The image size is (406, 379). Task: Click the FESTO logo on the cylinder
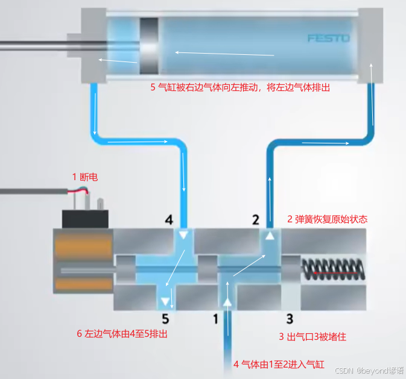coord(328,38)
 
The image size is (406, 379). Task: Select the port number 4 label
coord(170,219)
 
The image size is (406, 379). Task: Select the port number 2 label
coord(255,219)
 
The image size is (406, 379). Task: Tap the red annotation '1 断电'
coord(84,177)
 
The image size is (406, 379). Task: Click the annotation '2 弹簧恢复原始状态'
coord(326,219)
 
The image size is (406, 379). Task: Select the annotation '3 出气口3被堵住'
coord(312,337)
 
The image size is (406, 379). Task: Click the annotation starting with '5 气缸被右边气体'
coord(239,87)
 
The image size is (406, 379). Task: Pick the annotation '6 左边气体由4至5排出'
coord(121,334)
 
